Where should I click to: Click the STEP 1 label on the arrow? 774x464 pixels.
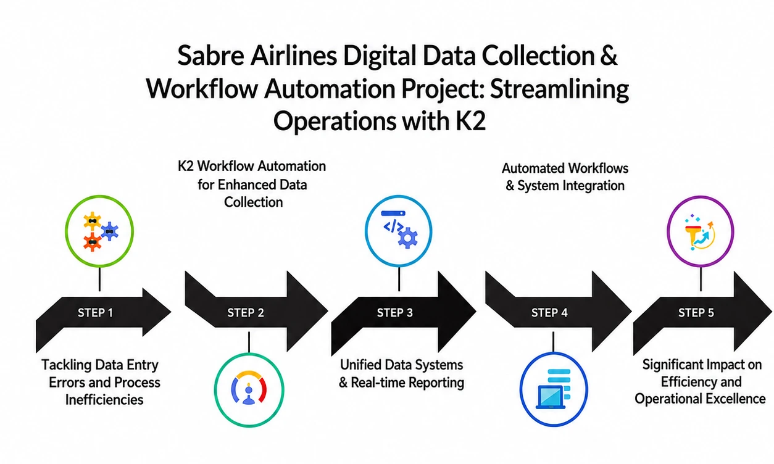click(95, 313)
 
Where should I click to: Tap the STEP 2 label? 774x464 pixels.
click(245, 313)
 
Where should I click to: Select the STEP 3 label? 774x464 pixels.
click(394, 313)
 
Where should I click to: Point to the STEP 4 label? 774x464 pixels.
click(549, 313)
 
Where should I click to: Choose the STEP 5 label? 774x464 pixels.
click(696, 313)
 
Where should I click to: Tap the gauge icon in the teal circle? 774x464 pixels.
click(249, 387)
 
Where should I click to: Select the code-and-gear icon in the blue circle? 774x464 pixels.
click(399, 230)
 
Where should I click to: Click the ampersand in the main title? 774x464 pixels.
click(609, 56)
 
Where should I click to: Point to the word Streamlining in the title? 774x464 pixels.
click(559, 89)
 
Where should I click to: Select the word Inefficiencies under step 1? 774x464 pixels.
click(104, 399)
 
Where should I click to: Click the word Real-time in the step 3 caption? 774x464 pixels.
click(382, 383)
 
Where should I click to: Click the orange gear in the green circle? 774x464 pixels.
click(92, 242)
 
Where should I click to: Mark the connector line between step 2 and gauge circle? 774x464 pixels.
click(249, 342)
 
